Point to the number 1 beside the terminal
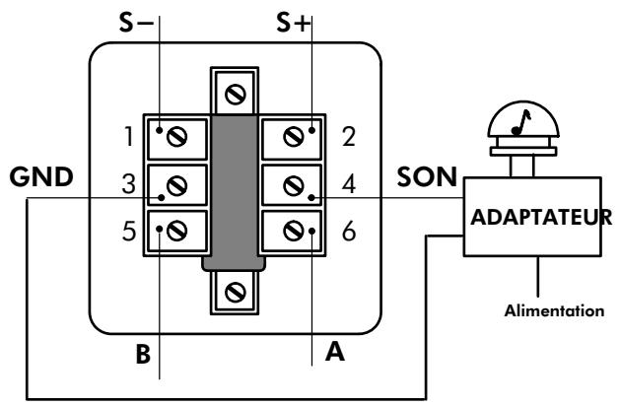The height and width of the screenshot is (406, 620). (128, 137)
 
